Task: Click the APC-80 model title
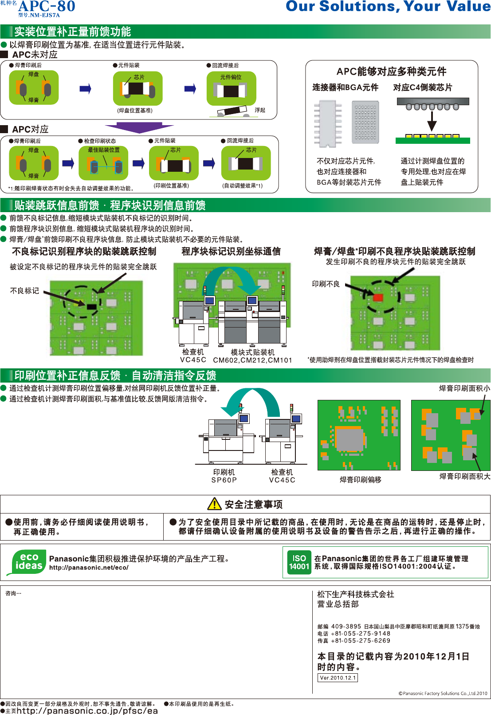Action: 47,7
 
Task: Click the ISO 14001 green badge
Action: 299,562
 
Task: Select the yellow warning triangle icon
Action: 214,504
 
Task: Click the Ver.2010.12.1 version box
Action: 338,678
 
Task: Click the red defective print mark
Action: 378,297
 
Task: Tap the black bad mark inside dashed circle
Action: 91,306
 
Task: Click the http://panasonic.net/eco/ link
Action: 89,568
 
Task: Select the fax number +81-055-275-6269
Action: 361,640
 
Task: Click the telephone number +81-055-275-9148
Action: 361,633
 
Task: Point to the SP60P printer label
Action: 224,480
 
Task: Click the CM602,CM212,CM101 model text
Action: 252,360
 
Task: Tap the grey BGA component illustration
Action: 365,122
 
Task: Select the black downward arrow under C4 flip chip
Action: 432,121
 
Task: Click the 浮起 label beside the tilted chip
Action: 260,110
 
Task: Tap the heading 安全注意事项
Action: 253,504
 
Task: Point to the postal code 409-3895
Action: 346,626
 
